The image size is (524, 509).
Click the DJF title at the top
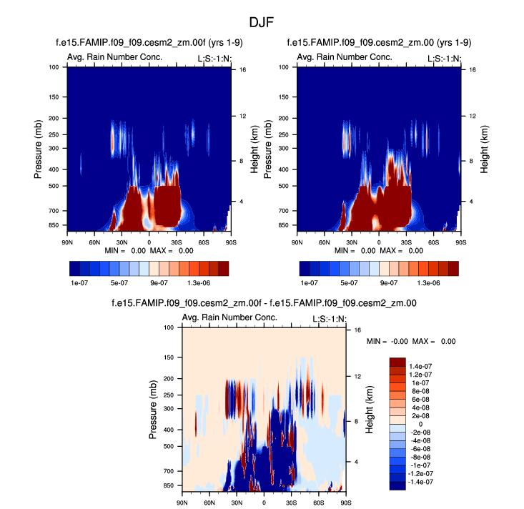(x=262, y=22)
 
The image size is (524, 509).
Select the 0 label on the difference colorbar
(x=420, y=424)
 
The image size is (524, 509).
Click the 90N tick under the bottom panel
(x=182, y=503)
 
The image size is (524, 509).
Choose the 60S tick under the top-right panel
(x=433, y=234)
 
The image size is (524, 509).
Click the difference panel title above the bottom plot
(x=264, y=303)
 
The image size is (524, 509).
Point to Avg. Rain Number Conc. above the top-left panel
(x=114, y=57)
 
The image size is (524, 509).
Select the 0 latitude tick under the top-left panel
(x=149, y=234)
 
